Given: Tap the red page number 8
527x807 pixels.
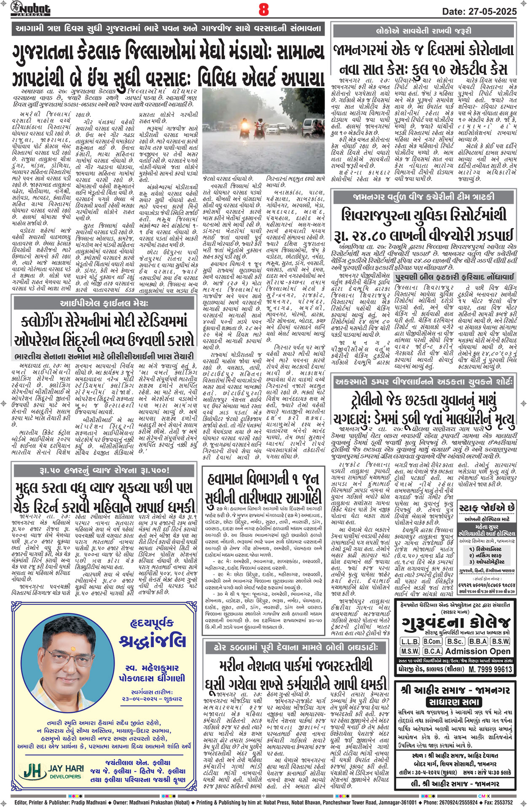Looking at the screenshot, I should click(x=263, y=9).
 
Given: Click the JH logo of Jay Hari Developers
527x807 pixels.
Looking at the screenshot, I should click(x=35, y=771).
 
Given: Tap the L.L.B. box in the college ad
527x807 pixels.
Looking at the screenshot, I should click(x=410, y=641).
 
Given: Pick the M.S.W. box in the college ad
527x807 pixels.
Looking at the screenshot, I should click(x=410, y=651).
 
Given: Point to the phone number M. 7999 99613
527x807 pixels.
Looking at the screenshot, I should click(x=490, y=669).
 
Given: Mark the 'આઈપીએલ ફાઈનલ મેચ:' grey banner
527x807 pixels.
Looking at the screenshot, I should click(x=104, y=303).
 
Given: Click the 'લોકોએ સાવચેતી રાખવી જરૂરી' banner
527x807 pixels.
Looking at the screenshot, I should click(x=423, y=31).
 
